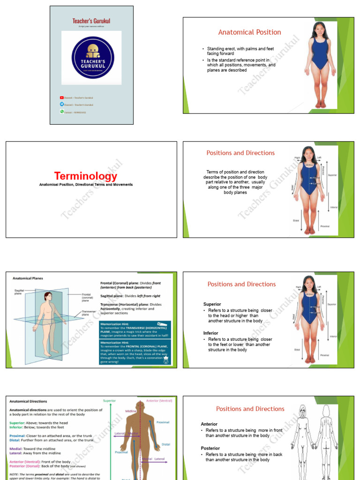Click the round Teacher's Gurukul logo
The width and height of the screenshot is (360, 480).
[x=93, y=57]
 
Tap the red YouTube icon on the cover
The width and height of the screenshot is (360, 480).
[x=62, y=97]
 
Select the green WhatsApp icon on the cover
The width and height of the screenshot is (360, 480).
[x=62, y=112]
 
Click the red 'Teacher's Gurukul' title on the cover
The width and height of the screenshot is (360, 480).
[x=92, y=21]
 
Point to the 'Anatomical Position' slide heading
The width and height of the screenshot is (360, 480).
[x=249, y=32]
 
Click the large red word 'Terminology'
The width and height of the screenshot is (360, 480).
[x=86, y=176]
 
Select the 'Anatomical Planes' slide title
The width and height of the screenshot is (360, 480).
[x=28, y=278]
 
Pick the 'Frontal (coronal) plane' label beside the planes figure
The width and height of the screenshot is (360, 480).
[x=89, y=297]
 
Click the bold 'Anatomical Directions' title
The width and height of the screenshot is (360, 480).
[x=29, y=401]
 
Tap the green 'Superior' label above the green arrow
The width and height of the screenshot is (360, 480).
[x=110, y=401]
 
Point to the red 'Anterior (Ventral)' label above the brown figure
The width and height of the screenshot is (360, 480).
[x=159, y=401]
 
